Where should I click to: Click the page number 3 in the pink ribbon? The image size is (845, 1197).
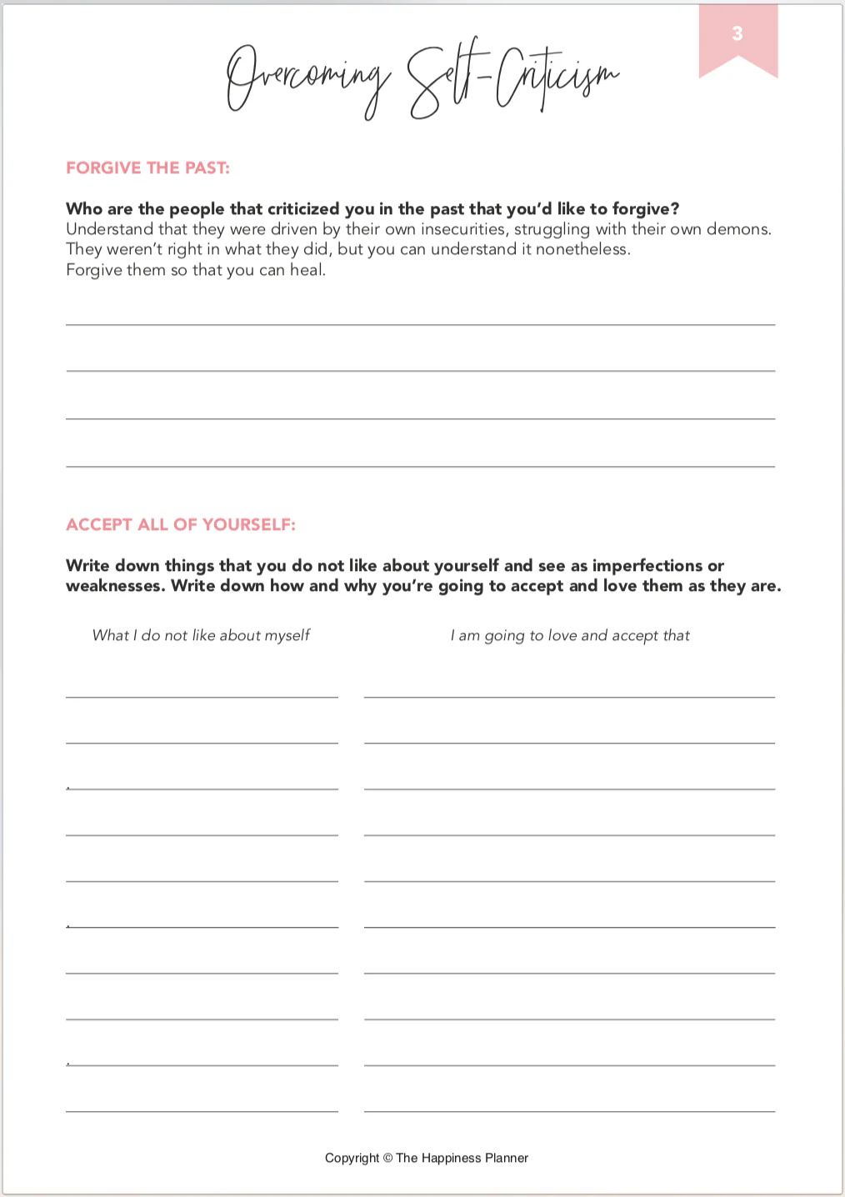737,34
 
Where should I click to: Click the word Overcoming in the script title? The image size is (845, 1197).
308,79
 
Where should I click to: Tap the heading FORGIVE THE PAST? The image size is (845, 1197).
147,168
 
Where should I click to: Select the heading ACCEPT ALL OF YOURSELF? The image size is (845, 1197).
181,525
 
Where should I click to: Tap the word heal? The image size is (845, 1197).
307,270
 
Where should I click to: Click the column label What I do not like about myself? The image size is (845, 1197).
201,635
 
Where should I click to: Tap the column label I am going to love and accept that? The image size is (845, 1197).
570,635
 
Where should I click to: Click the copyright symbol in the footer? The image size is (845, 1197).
387,1158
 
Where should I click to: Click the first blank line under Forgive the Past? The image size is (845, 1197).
420,323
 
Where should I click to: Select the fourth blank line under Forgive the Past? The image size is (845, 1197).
420,465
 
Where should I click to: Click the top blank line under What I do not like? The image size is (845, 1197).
202,696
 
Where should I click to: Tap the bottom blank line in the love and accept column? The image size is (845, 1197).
569,1110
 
